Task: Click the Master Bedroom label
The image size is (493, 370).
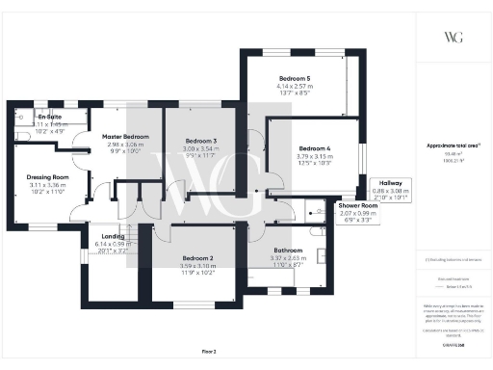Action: pos(125,137)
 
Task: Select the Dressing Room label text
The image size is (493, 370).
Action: pos(47,177)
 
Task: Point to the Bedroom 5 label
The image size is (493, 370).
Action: pos(296,78)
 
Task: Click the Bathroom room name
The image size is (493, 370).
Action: pos(289,251)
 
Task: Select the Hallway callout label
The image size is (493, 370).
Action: pos(397,183)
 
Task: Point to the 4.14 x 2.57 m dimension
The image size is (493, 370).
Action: pos(296,86)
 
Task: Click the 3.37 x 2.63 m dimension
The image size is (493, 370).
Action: pos(289,258)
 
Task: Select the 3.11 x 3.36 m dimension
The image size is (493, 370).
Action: pos(47,185)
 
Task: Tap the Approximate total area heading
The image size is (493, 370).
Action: pos(453,145)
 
